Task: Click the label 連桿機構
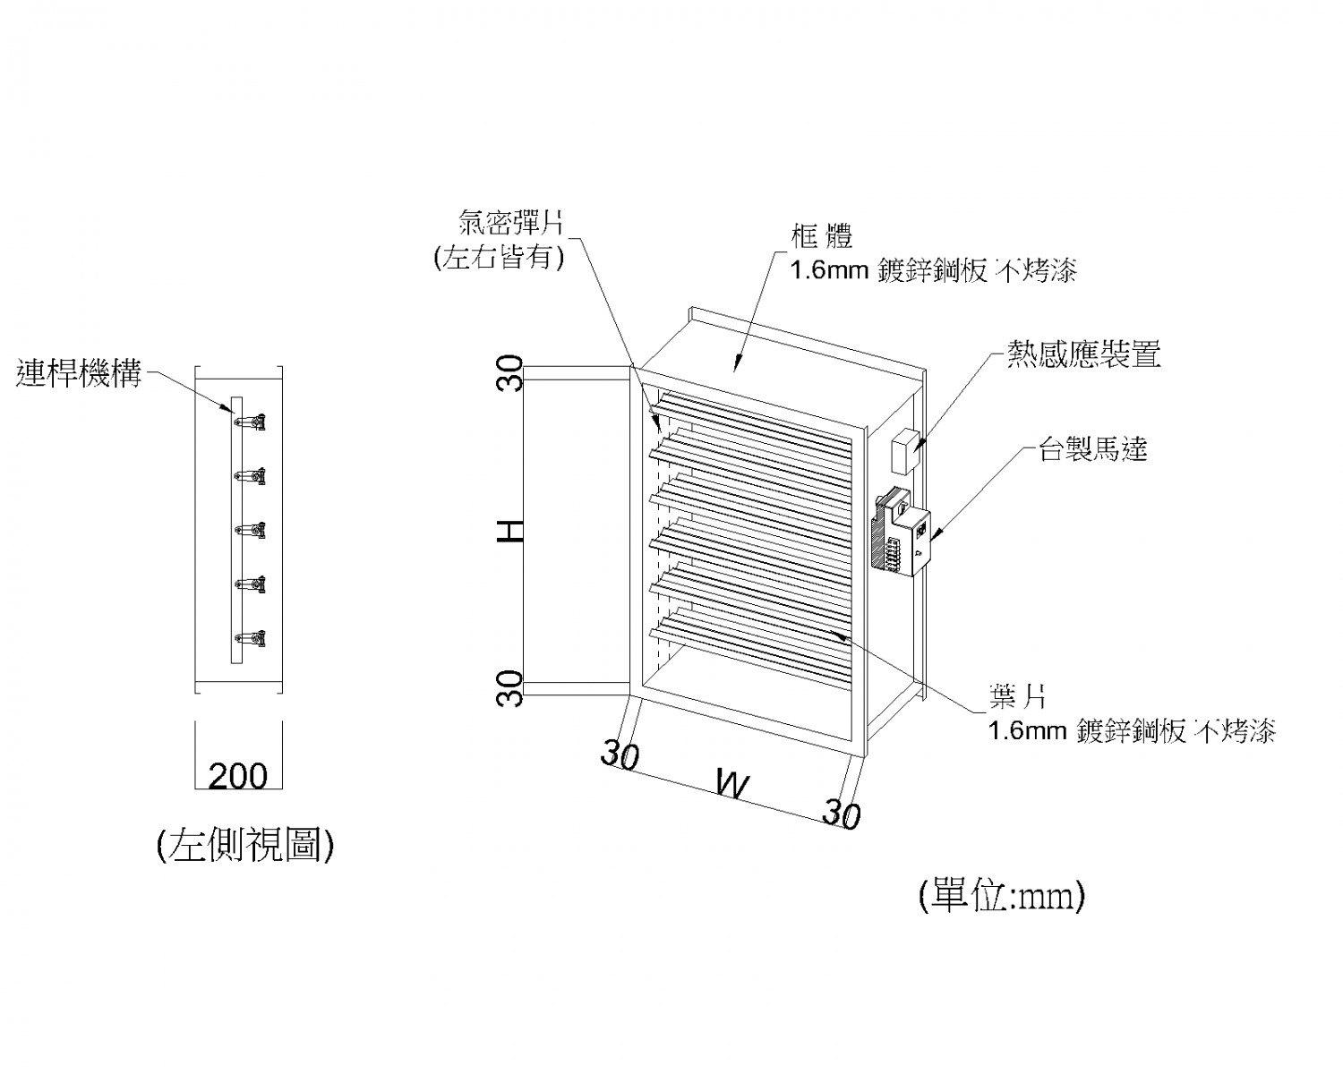pos(79,373)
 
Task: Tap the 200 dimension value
pos(238,775)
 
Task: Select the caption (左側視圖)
pos(245,844)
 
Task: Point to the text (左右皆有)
pos(499,258)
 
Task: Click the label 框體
pos(822,236)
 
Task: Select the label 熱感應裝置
pos(1083,354)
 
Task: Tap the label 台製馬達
pos(1092,448)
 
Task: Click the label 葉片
pos(1018,695)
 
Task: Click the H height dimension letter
pos(510,533)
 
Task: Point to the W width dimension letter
pos(732,784)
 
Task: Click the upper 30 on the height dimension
pos(510,372)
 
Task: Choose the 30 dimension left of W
pos(620,754)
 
